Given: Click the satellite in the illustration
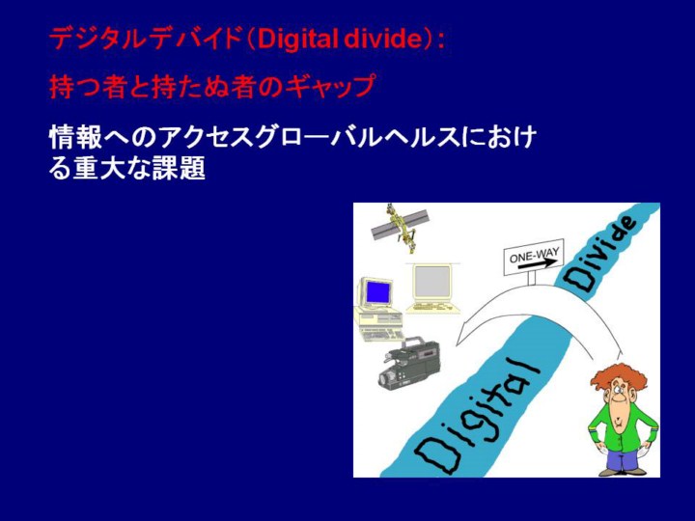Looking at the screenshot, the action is [400, 227].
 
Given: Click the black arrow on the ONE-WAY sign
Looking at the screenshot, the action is [538, 263].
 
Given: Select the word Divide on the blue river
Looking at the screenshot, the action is [600, 255].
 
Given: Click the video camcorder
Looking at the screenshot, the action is [409, 362].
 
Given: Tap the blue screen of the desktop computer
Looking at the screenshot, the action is [378, 292].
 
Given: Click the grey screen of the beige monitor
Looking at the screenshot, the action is [431, 282].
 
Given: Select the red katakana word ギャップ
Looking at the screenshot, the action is [330, 86].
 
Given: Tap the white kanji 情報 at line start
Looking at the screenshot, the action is [75, 137].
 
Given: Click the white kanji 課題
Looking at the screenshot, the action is [179, 168].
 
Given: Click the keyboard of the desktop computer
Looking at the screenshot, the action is [382, 334].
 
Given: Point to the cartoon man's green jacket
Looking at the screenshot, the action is [623, 425].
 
